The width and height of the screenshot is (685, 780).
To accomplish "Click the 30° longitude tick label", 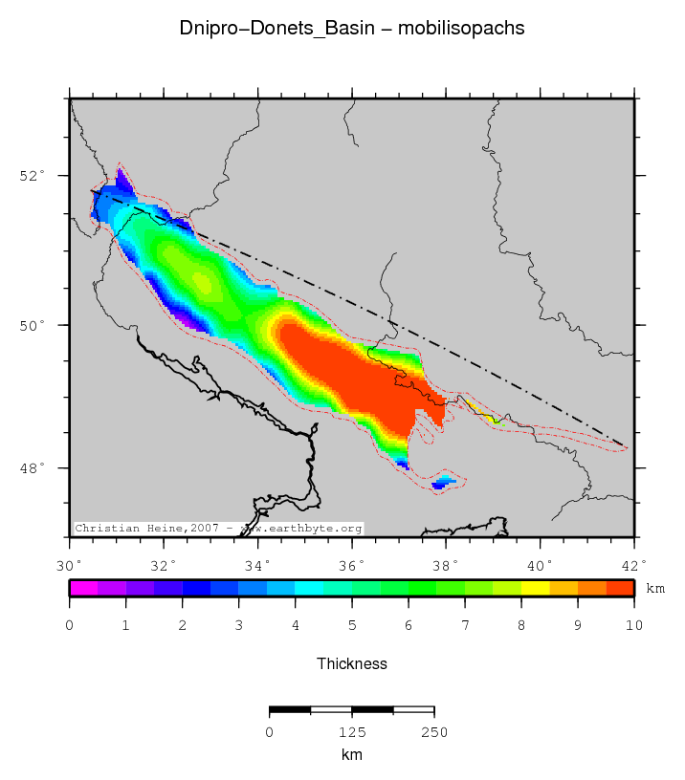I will coord(70,565).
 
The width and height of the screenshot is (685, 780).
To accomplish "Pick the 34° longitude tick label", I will coord(257,565).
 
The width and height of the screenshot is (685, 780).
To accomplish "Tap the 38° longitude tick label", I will coord(446,565).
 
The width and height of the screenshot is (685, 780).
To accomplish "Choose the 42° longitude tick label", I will coord(633,565).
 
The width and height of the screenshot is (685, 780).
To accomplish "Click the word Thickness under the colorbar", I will coord(351,663).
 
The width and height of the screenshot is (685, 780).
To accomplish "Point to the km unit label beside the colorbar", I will coord(655,589).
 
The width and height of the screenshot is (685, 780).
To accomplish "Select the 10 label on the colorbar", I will coord(633,625).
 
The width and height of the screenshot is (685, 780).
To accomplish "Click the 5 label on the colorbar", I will coord(351,625).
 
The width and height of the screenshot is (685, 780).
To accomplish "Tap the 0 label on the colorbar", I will coord(70,625).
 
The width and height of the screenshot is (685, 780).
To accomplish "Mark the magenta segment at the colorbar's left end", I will coord(83,589).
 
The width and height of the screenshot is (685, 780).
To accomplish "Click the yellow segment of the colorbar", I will coord(535,589).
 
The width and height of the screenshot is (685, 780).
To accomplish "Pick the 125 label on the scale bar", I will coord(352,732).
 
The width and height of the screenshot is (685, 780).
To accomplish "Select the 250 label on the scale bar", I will coord(434,732).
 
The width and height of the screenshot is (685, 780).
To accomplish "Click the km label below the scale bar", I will coord(351,754).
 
